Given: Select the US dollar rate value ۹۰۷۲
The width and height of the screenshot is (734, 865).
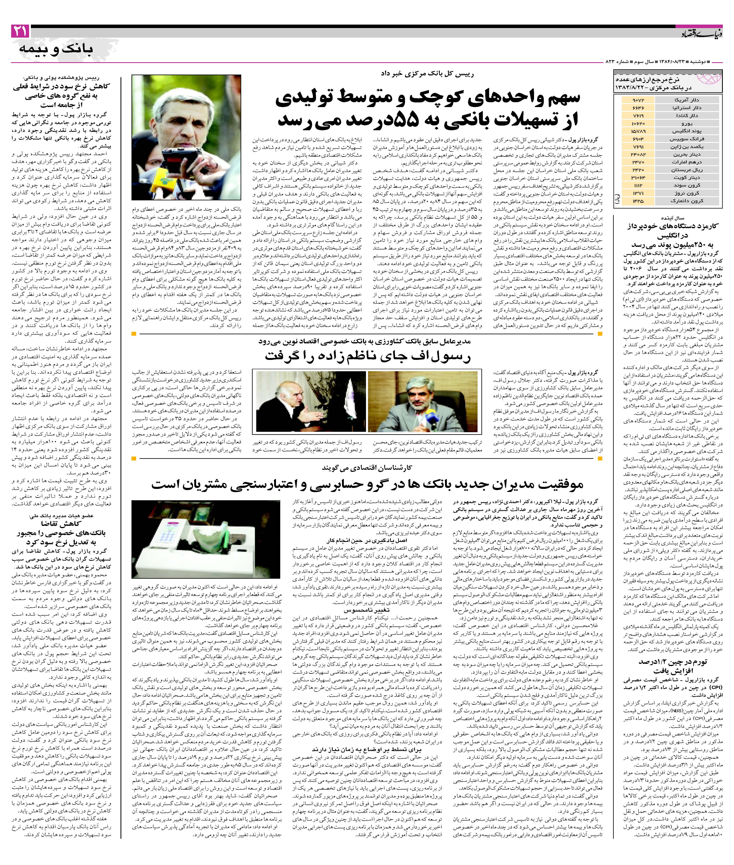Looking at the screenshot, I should click(638, 100).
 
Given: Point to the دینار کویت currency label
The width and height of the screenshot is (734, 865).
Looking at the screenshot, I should click(687, 178).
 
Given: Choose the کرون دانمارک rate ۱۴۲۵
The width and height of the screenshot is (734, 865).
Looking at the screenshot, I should click(638, 201).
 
